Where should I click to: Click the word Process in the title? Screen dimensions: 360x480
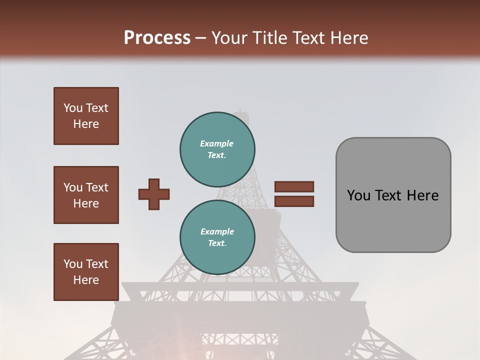[x=157, y=37]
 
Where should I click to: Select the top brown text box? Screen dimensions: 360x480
[x=86, y=116]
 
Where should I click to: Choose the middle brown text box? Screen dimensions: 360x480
[x=86, y=195]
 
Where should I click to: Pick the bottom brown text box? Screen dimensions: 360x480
[x=86, y=272]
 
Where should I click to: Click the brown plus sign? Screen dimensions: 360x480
[x=154, y=194]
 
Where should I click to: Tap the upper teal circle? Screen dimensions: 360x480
[x=217, y=149]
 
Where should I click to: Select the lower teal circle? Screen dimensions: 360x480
[x=217, y=237]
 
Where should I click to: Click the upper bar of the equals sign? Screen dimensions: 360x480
[x=294, y=187]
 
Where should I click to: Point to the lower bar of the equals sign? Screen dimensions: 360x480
[x=294, y=201]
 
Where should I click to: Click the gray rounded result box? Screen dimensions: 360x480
[x=393, y=195]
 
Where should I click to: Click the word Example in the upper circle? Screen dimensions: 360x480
[x=217, y=143]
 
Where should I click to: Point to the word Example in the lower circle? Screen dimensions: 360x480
[x=217, y=231]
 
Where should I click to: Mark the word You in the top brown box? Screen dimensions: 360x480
[x=72, y=108]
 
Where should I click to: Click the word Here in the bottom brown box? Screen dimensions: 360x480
[x=86, y=280]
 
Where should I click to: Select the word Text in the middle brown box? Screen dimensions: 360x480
[x=96, y=187]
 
